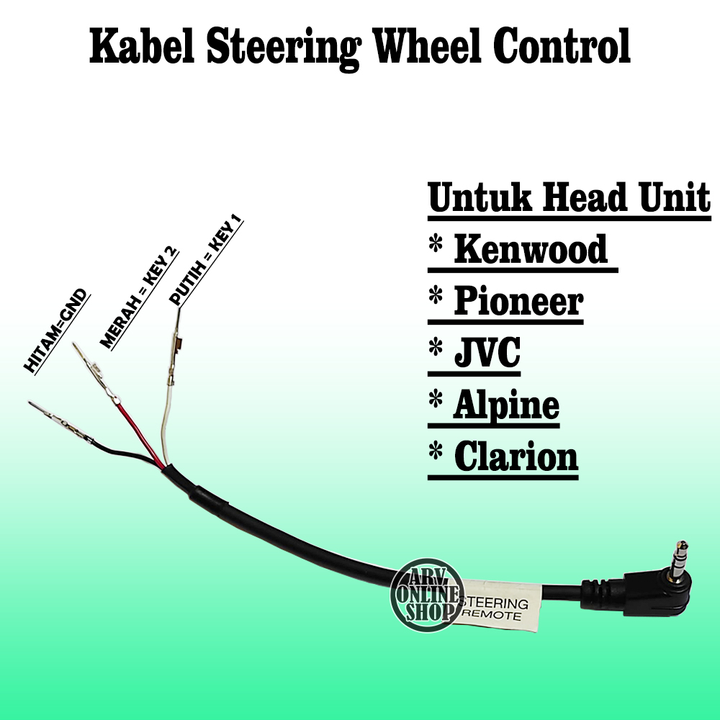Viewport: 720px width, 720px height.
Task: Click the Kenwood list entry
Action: pyautogui.click(x=530, y=250)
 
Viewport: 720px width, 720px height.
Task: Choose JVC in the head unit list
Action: pyautogui.click(x=486, y=354)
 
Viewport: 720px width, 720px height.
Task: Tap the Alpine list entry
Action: pyautogui.click(x=505, y=405)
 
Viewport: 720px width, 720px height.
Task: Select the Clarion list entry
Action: pyautogui.click(x=515, y=457)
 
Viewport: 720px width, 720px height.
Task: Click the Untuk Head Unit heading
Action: pyautogui.click(x=569, y=197)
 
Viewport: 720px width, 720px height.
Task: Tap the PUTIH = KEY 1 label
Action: pyautogui.click(x=206, y=261)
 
